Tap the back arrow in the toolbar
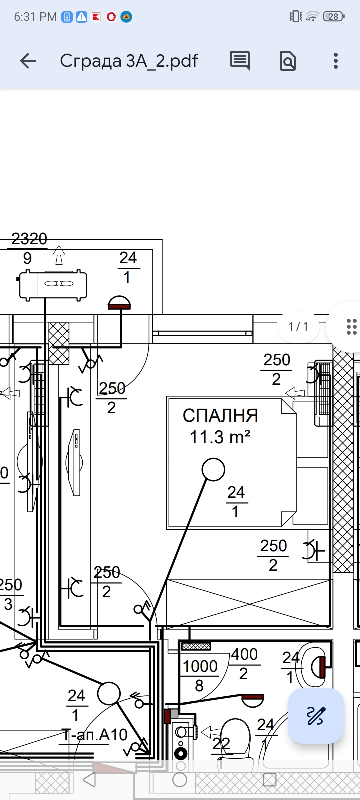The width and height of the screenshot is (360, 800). pos(28,61)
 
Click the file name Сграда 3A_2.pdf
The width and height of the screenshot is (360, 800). pos(129,61)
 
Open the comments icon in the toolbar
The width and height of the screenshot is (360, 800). pos(239,60)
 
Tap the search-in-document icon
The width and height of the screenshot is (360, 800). pos(287,61)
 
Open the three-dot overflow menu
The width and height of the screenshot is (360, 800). pos(335,61)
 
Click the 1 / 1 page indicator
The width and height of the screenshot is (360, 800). pos(298,326)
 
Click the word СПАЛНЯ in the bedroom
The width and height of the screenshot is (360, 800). pos(220,415)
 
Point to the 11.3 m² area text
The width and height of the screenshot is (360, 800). pos(220,437)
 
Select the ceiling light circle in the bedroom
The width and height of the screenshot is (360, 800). pos(213,469)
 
